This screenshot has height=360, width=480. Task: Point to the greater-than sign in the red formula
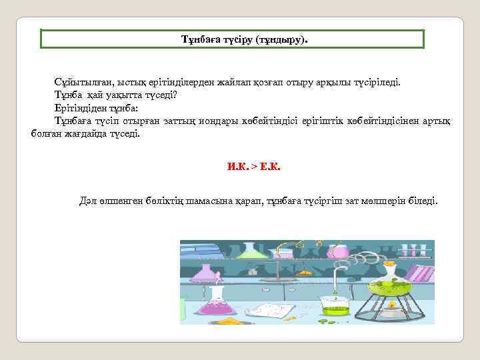(253, 167)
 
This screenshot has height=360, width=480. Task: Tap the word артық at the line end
(436, 121)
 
